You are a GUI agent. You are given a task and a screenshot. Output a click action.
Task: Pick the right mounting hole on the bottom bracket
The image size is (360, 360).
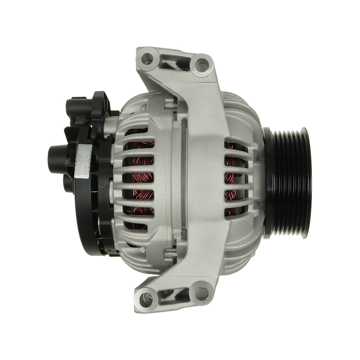[x=198, y=292]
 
